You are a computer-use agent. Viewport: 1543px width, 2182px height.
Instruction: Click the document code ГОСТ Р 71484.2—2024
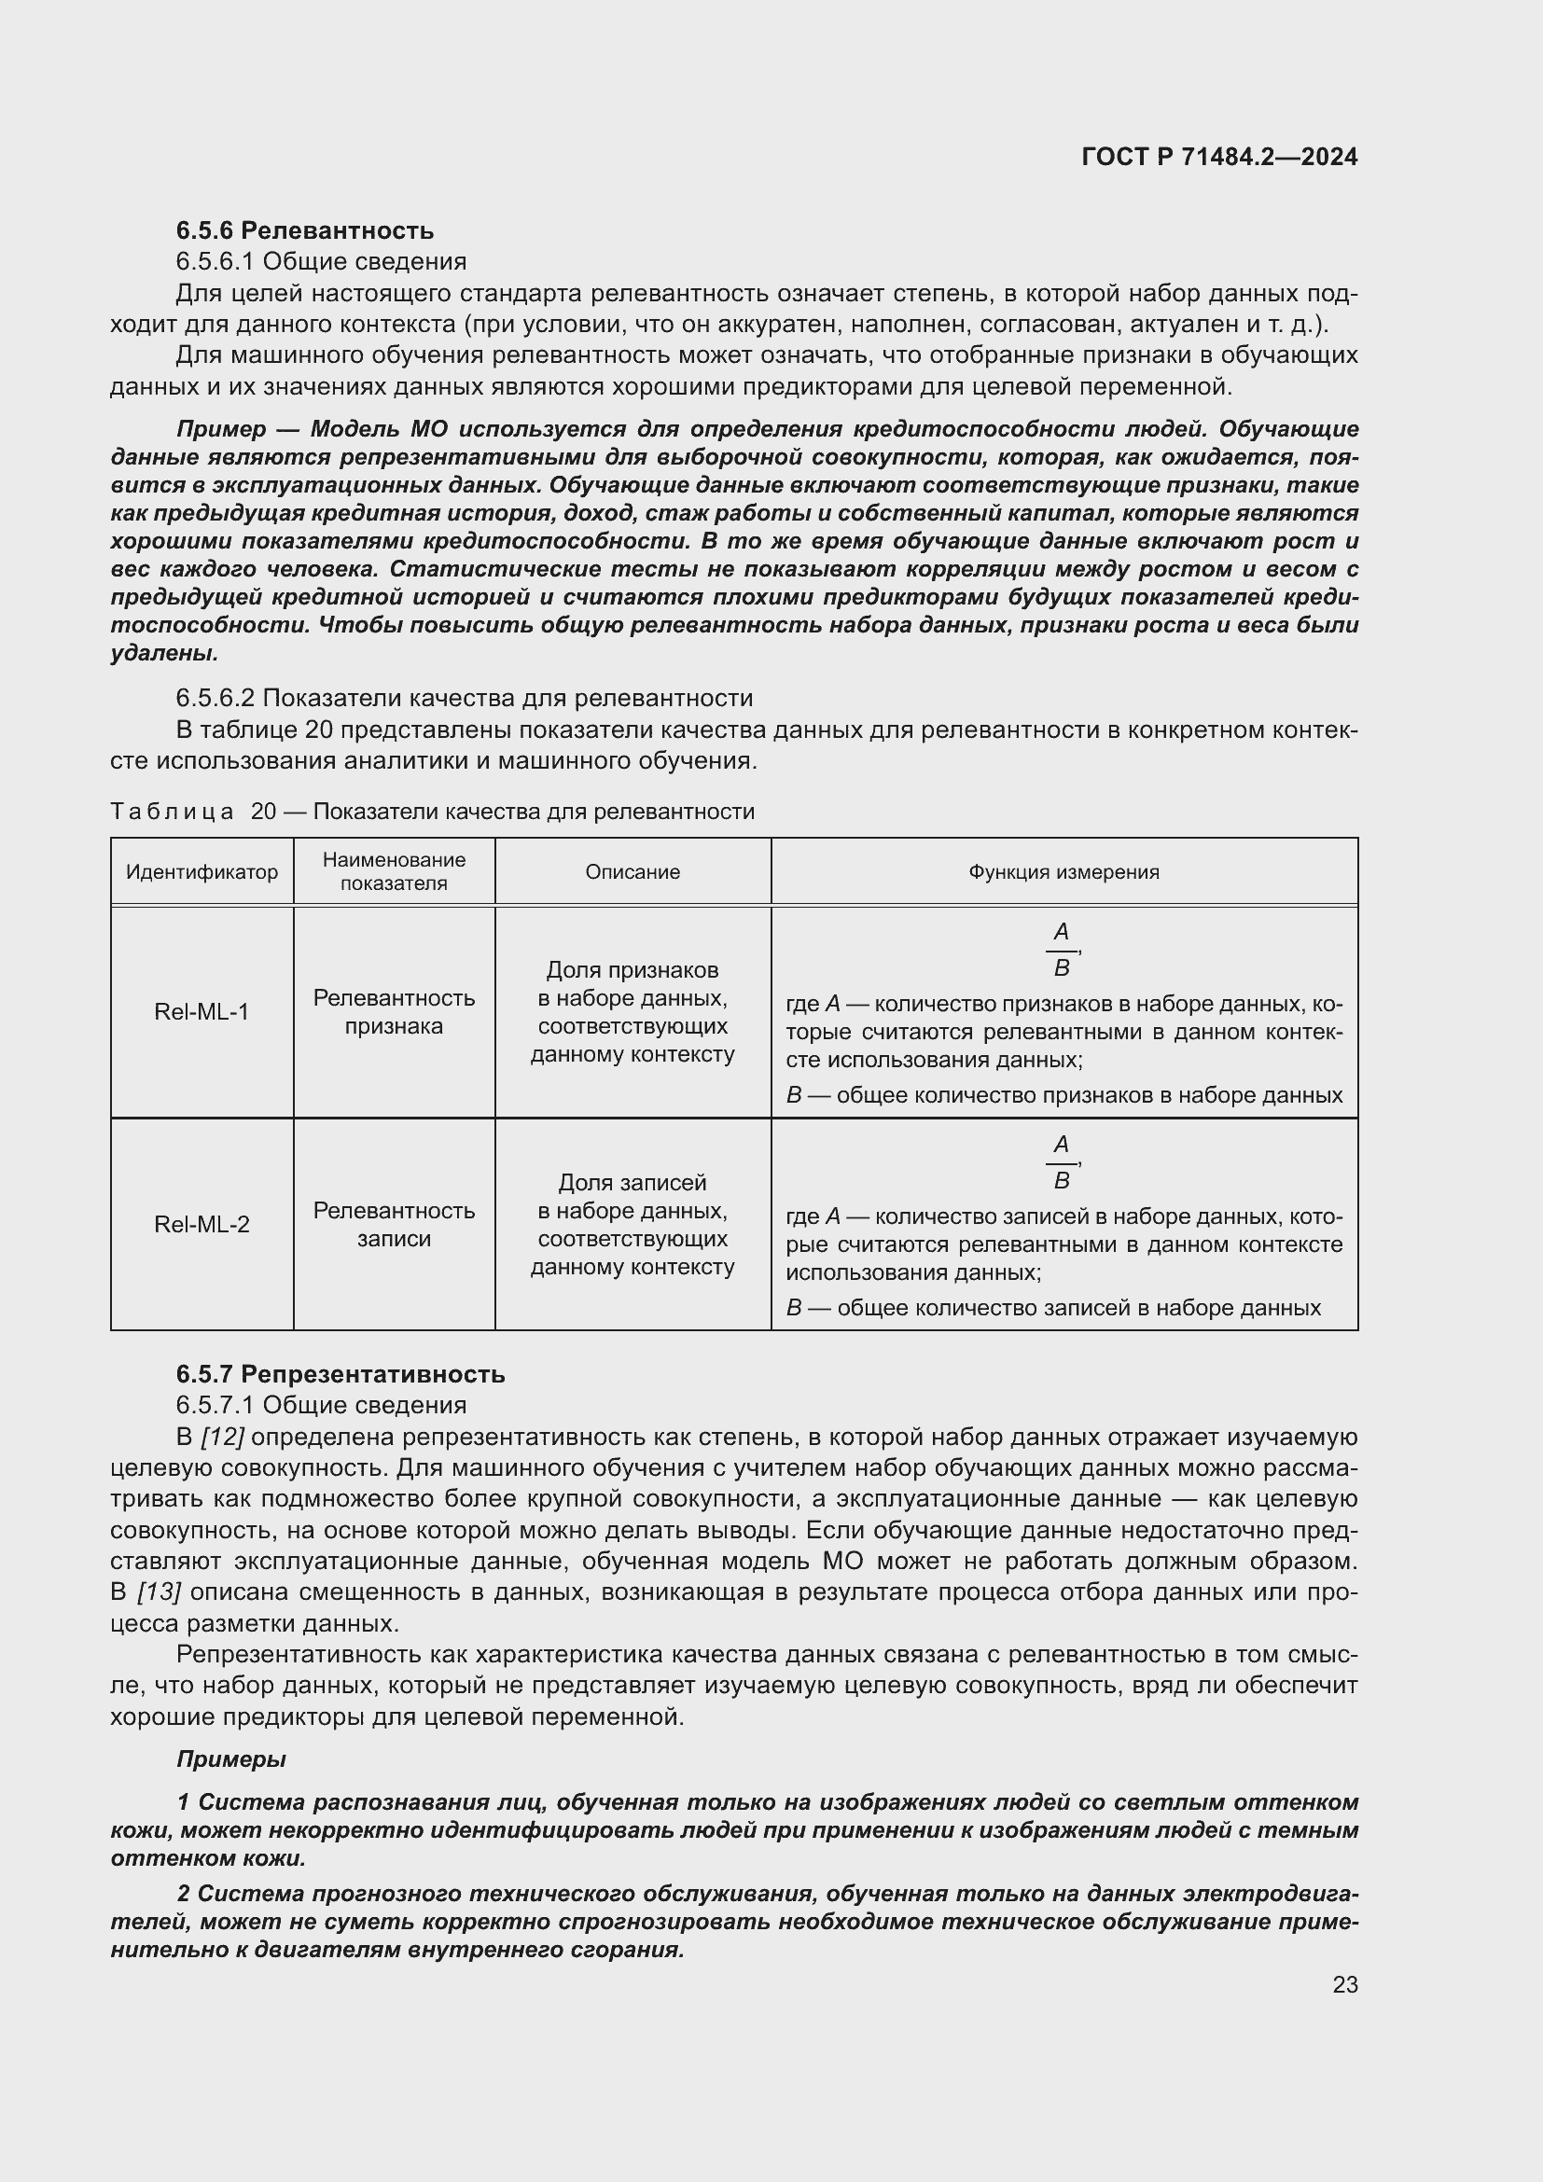point(1219,157)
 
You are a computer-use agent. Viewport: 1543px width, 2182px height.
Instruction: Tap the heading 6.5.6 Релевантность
point(304,230)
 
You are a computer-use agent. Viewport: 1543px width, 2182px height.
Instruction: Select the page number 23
point(1344,1984)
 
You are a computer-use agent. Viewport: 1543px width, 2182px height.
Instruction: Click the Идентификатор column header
point(202,871)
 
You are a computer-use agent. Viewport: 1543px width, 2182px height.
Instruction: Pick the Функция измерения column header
point(1063,871)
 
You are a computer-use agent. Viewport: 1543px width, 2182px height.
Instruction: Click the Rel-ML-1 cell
point(202,1011)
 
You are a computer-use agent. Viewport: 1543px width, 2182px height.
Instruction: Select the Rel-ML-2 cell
point(202,1224)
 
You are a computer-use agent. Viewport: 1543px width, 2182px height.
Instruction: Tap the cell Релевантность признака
point(394,1011)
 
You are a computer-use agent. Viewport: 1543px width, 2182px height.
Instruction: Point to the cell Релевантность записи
point(394,1224)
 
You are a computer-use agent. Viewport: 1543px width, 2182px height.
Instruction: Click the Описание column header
point(632,871)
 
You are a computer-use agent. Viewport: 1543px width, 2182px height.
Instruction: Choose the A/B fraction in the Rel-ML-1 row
point(1062,950)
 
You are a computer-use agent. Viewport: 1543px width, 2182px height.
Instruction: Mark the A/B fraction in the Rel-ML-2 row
point(1062,1162)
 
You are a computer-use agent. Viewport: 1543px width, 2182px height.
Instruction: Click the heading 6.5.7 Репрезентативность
point(341,1374)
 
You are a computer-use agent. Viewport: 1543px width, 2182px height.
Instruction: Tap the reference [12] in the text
point(223,1437)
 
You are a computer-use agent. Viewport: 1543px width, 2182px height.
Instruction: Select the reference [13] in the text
point(159,1591)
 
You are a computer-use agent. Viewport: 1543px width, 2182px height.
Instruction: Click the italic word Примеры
point(230,1759)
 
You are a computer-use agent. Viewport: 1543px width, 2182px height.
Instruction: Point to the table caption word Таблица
point(172,812)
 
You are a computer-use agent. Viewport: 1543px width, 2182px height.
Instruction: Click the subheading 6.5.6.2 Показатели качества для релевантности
point(464,698)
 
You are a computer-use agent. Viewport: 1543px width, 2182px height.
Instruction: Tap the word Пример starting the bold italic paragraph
point(220,428)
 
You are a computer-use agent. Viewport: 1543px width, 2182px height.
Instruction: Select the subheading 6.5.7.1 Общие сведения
point(321,1405)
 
